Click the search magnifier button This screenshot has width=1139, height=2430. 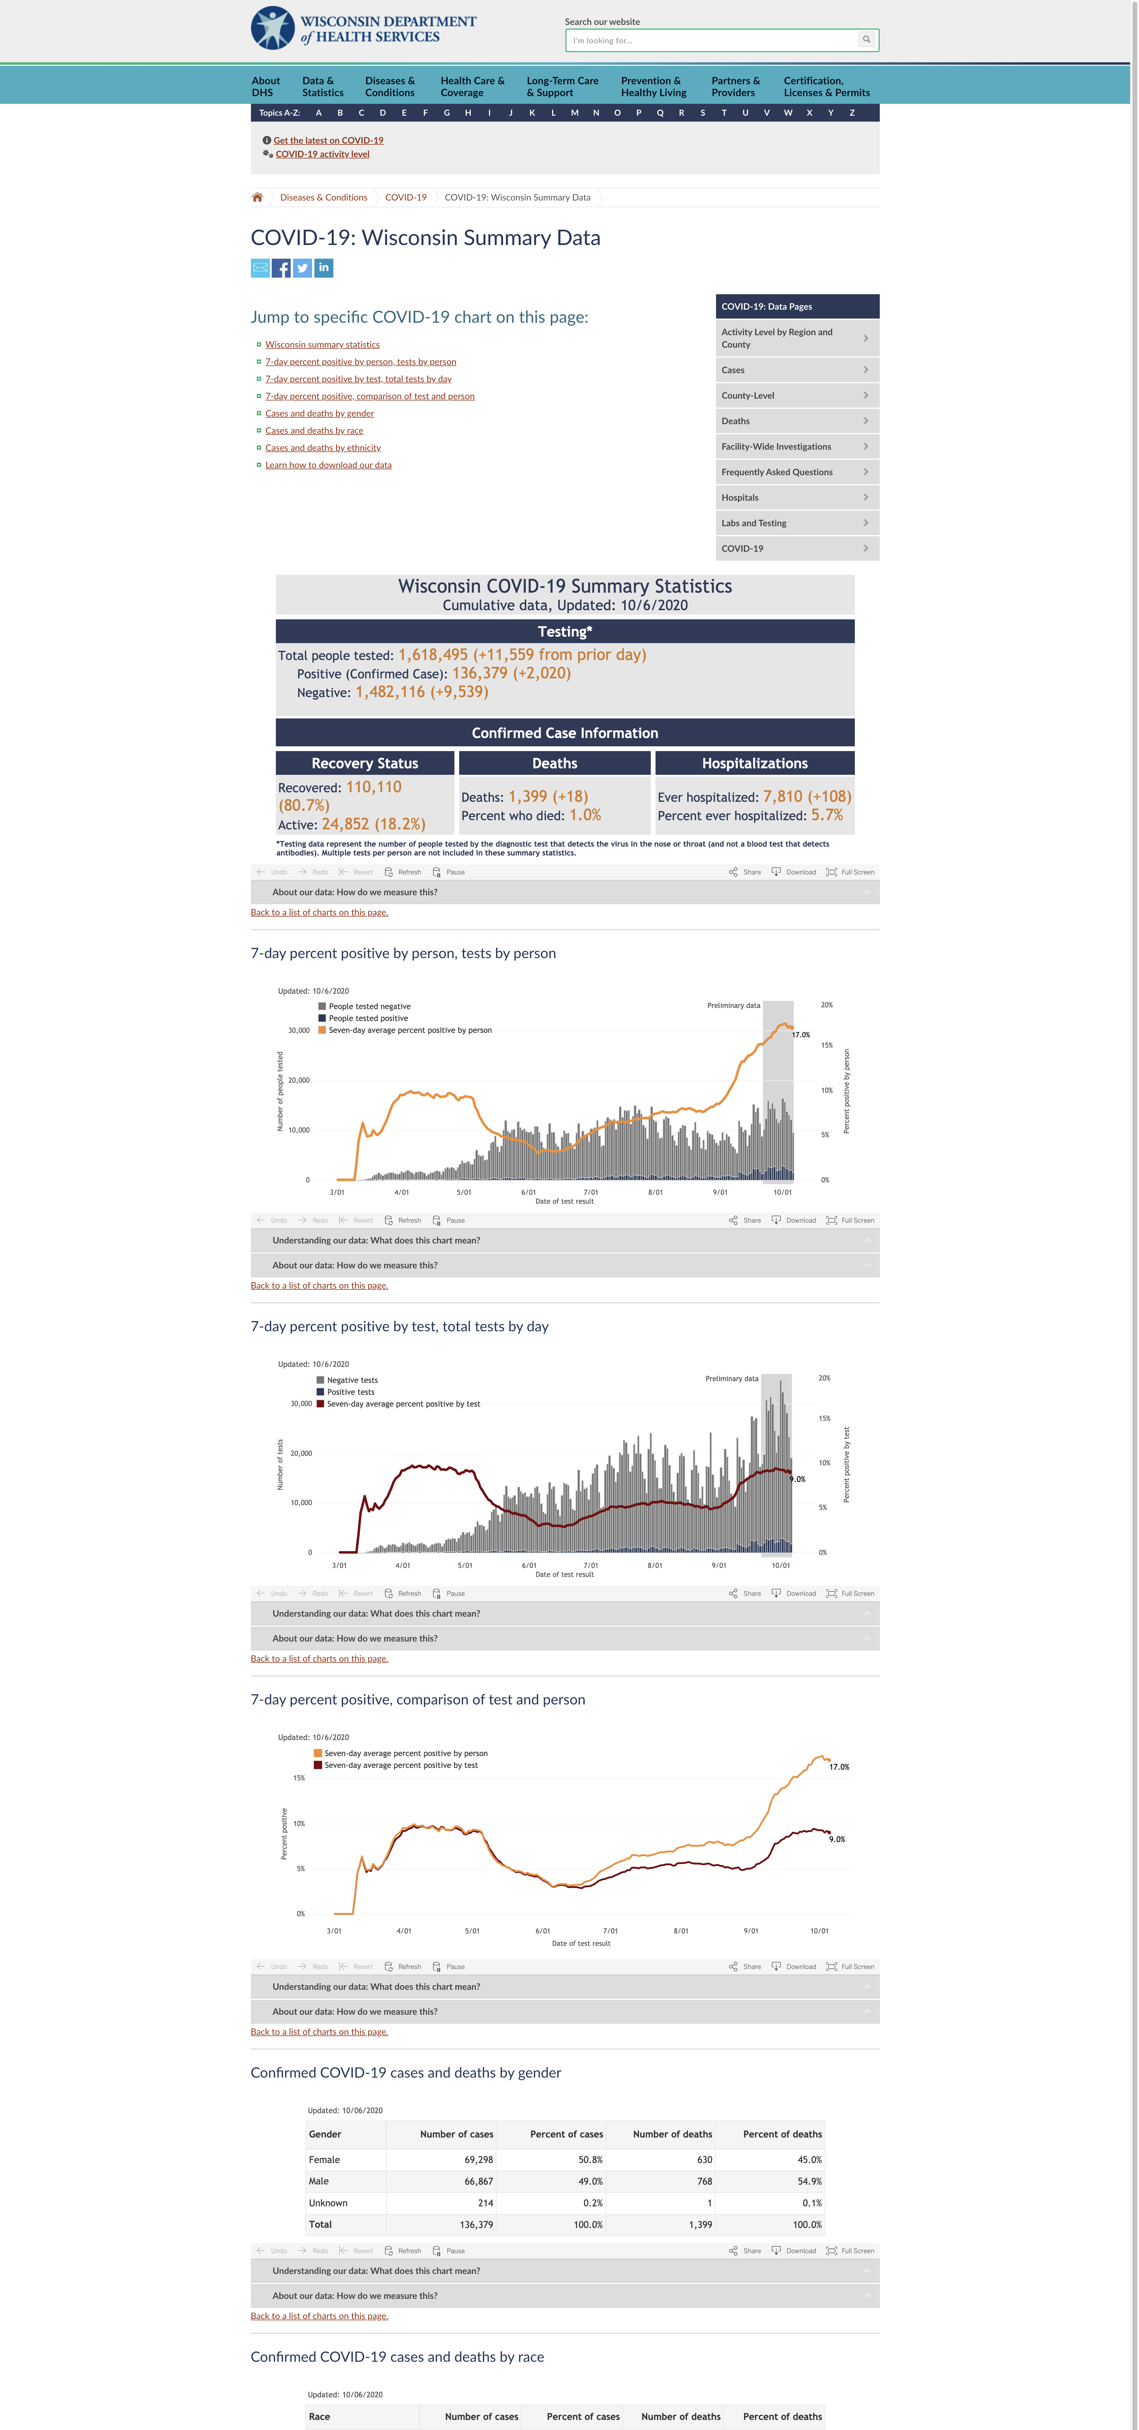pos(866,40)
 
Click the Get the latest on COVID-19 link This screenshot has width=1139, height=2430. pos(328,141)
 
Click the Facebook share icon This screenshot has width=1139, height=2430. pos(281,269)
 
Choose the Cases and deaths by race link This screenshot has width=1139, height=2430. pos(314,431)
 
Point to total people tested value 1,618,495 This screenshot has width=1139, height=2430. pos(433,655)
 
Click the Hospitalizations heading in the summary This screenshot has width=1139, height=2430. pos(754,763)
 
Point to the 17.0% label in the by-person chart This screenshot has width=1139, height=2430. pos(801,1035)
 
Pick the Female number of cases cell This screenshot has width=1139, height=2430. pos(478,2159)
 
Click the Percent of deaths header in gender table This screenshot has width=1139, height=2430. pos(782,2134)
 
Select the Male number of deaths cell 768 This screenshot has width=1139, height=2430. pos(704,2181)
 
